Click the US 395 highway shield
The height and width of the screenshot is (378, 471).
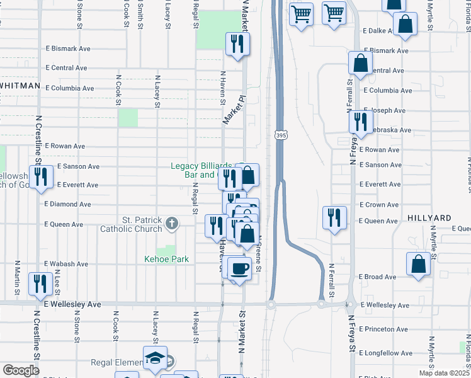[x=281, y=135]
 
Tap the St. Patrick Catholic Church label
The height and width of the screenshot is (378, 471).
[x=130, y=224]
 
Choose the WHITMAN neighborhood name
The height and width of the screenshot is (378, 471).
[x=20, y=85]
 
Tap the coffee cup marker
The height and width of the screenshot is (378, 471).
[x=239, y=269]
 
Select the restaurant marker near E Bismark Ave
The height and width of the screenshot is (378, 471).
[x=237, y=45]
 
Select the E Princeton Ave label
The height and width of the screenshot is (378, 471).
[x=383, y=329]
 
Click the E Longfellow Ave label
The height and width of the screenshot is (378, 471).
[x=386, y=353]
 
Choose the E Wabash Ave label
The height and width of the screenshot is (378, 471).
[x=65, y=264]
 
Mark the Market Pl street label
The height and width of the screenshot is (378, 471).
[x=233, y=110]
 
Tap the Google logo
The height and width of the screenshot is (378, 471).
[x=21, y=370]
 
